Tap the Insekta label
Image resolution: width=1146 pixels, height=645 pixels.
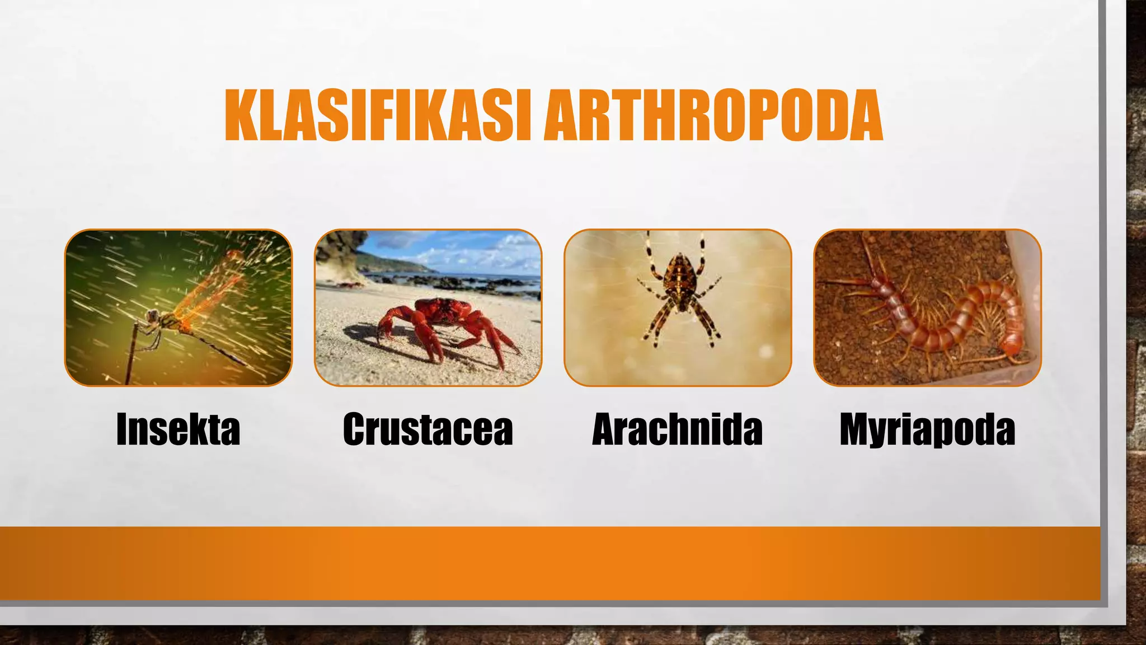coord(178,430)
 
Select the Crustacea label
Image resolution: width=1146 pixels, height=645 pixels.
coord(428,430)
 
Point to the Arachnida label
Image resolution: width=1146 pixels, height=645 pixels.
coord(677,430)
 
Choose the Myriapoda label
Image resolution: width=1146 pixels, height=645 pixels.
coord(927,430)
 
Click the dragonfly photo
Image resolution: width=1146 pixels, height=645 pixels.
coord(179,307)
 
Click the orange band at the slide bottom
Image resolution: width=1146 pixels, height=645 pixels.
coord(548,563)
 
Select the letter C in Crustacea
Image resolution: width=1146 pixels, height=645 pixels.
coord(356,430)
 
